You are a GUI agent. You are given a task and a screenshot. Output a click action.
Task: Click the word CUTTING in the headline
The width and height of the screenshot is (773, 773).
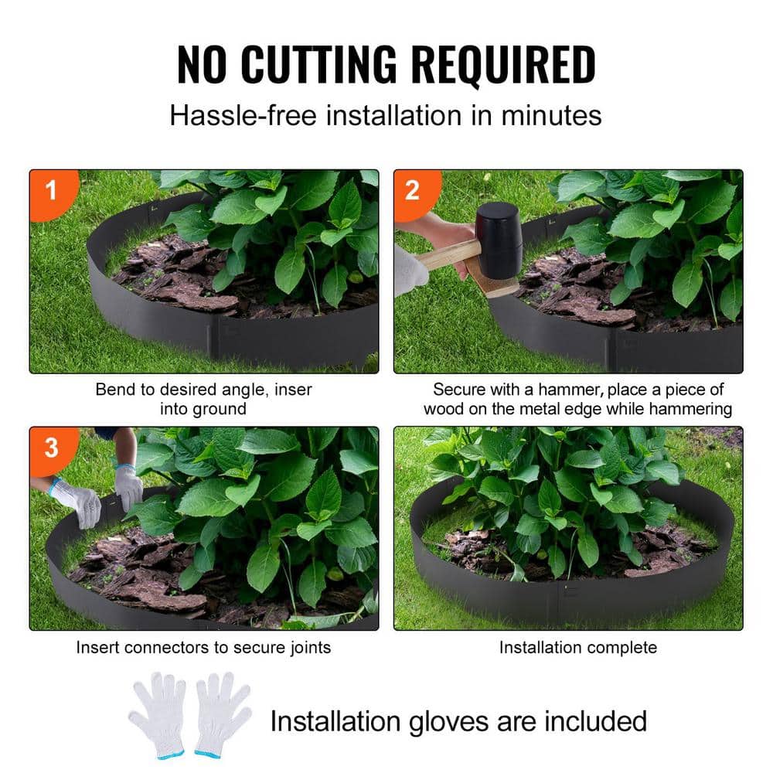click(320, 66)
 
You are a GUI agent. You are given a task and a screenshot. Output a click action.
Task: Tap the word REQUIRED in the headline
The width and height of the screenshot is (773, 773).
click(503, 66)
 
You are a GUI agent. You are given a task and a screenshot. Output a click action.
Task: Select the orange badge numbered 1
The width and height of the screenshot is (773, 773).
click(51, 190)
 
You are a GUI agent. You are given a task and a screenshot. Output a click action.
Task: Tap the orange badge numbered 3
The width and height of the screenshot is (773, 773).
click(51, 448)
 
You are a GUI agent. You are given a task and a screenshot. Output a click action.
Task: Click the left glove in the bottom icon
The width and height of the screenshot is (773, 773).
click(158, 714)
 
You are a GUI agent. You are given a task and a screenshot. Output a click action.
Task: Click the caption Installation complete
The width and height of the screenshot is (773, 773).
click(577, 647)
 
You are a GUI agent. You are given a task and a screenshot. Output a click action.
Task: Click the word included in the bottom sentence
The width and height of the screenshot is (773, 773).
click(594, 720)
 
